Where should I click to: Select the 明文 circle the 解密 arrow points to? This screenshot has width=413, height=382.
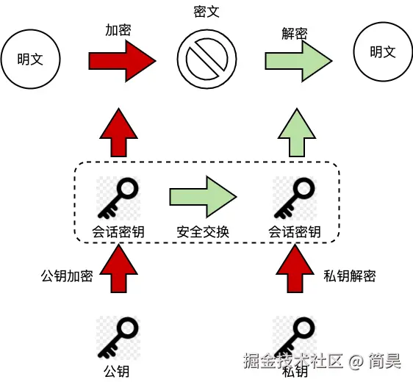coord(382,53)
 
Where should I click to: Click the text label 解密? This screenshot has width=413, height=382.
coord(294,33)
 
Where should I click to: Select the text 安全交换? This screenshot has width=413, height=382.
coord(203,232)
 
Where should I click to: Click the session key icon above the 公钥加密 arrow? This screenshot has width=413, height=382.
coord(118,198)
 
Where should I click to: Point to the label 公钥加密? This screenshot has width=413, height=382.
coord(66,276)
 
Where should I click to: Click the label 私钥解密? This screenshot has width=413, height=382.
coord(350,276)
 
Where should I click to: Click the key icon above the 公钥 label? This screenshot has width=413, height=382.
coord(118,336)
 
